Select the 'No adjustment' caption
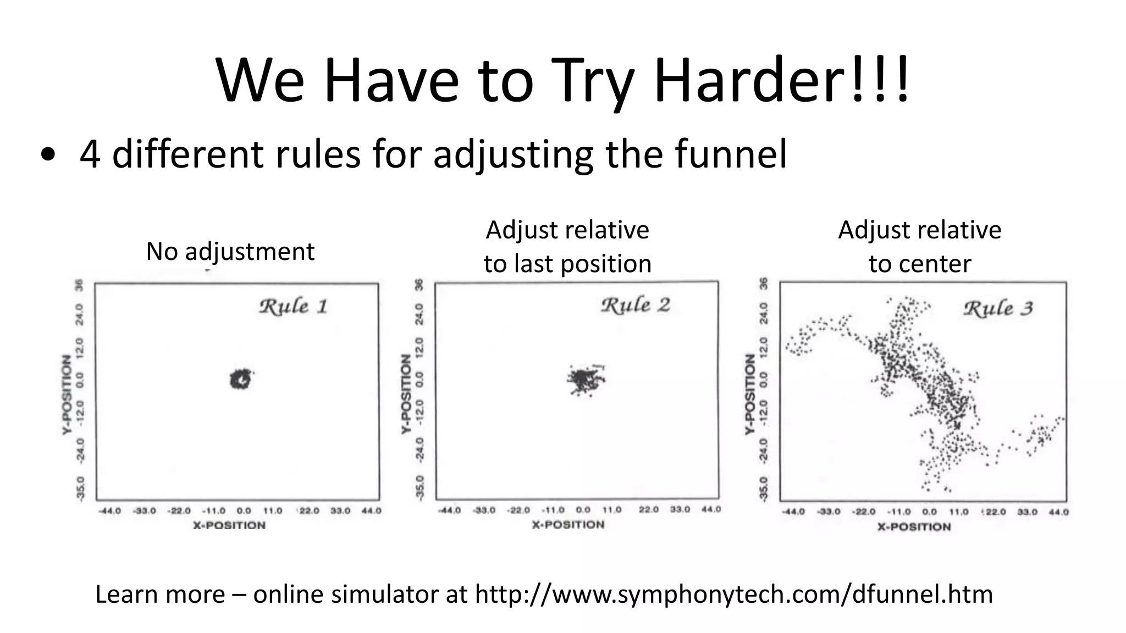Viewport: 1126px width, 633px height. (230, 252)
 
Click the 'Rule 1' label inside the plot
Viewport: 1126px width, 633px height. (293, 307)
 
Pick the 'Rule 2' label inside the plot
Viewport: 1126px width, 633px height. (635, 306)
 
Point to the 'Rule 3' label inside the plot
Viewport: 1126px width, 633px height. (998, 308)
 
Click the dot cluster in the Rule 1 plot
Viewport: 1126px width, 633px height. (240, 379)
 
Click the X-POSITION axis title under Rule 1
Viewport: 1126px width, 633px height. (229, 525)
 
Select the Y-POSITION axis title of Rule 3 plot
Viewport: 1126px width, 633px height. (750, 394)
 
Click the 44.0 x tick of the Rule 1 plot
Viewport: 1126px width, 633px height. (371, 511)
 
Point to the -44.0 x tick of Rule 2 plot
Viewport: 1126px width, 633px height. (449, 510)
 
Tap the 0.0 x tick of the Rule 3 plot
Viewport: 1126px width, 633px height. (929, 512)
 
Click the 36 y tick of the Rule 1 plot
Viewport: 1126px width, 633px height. (79, 286)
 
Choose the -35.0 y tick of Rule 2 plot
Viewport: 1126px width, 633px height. (420, 488)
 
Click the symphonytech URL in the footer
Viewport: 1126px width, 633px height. (733, 595)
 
